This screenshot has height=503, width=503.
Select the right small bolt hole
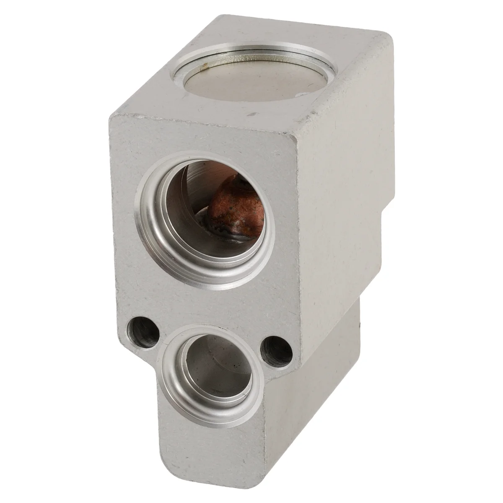(277, 347)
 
